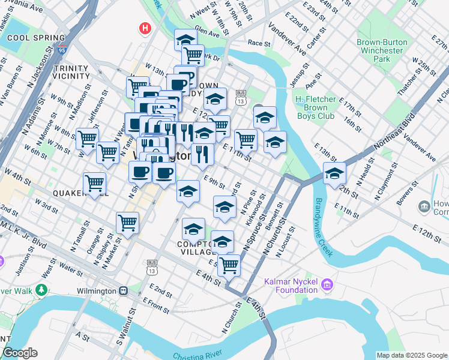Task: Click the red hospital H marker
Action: [x=145, y=28]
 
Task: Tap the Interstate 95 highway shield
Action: [x=62, y=52]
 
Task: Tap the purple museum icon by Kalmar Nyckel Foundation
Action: [x=327, y=283]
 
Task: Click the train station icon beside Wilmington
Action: [x=123, y=291]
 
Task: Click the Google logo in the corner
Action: [x=20, y=353]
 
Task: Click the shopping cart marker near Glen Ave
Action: [x=193, y=55]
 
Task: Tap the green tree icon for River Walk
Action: [x=41, y=290]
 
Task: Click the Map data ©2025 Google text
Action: [x=411, y=355]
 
